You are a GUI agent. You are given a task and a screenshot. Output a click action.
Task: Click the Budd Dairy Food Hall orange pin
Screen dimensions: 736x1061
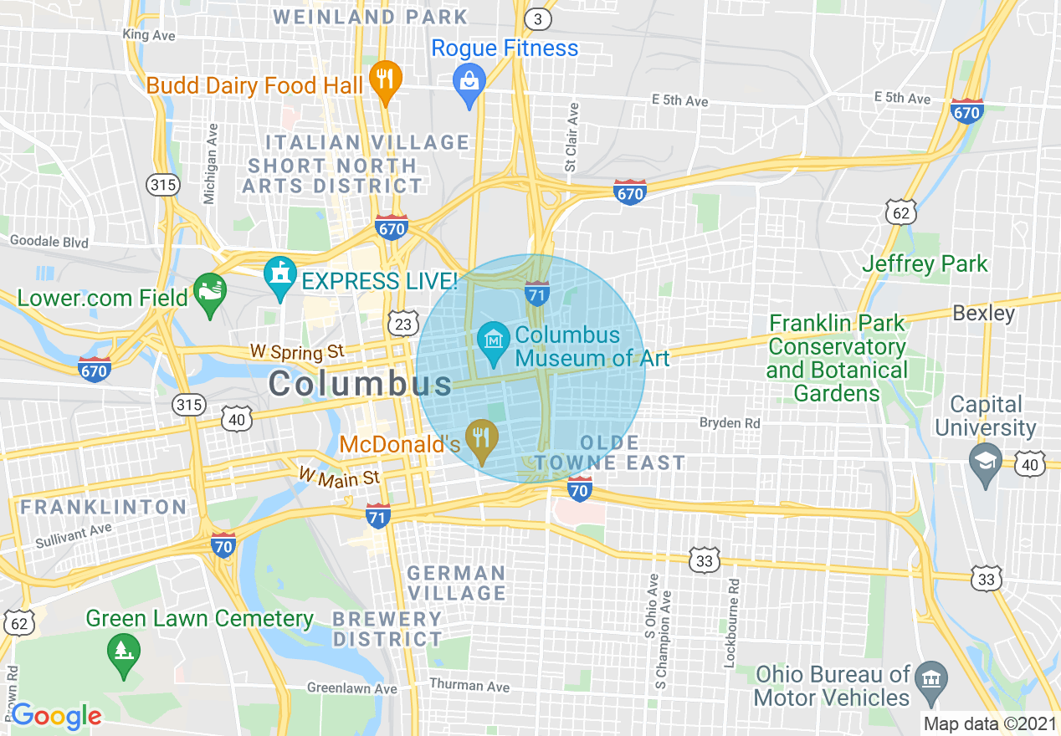tap(385, 81)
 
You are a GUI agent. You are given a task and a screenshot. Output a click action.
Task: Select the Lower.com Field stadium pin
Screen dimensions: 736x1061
tap(210, 293)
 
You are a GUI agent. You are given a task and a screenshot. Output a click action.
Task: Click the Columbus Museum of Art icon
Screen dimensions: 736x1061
tap(494, 341)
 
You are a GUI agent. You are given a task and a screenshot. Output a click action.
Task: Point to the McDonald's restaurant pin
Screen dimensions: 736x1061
tap(481, 439)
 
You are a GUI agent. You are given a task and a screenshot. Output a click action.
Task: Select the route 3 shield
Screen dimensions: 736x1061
tap(538, 18)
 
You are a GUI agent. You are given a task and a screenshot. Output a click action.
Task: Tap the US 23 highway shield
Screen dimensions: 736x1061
tap(402, 323)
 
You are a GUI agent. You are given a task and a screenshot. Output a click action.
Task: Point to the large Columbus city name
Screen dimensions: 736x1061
tap(360, 384)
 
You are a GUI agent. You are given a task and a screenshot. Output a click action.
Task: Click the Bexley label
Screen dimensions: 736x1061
tap(983, 314)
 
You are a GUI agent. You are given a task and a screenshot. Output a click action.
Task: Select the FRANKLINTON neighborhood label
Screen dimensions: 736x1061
tap(104, 507)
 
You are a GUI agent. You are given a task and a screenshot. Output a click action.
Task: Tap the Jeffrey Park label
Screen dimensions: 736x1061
tap(925, 264)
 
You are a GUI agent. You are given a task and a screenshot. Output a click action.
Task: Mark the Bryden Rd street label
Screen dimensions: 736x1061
tap(730, 423)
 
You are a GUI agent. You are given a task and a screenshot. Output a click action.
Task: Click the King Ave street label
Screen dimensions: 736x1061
tap(148, 35)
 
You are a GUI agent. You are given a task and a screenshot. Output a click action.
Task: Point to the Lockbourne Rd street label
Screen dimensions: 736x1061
tap(733, 624)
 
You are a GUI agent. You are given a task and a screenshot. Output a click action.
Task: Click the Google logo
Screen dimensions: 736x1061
tap(56, 716)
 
